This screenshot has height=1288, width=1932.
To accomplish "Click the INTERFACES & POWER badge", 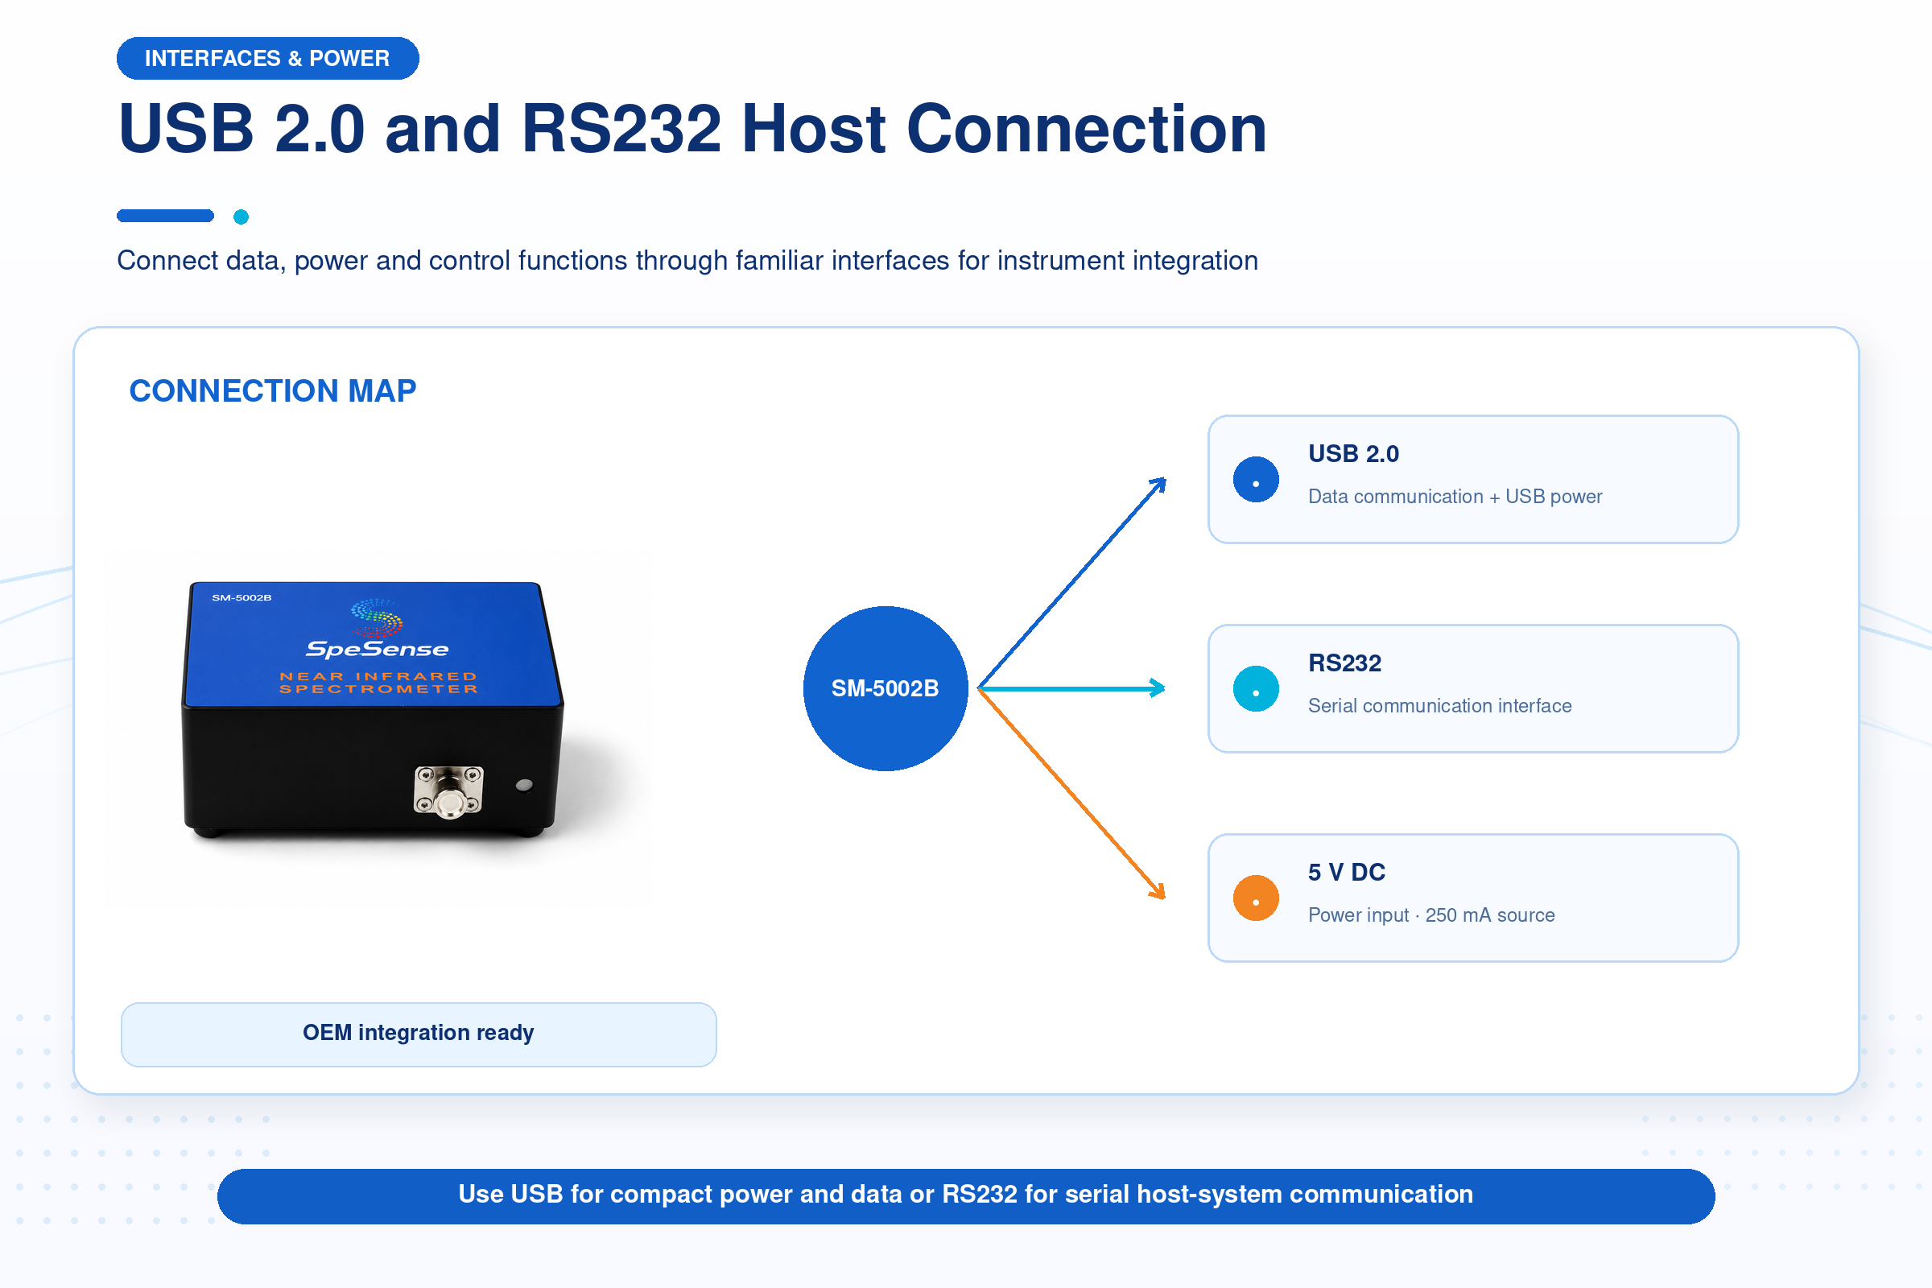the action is click(268, 58).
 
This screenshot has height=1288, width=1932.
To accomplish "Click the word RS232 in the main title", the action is click(621, 129).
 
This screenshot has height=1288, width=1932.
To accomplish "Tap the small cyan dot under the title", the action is click(241, 217).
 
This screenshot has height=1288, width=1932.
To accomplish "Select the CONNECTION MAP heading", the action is click(273, 391).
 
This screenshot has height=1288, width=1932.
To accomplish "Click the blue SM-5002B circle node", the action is click(885, 688).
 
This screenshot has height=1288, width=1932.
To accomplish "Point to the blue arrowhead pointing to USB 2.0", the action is click(1158, 485).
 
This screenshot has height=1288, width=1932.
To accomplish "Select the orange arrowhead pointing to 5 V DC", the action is click(1157, 890).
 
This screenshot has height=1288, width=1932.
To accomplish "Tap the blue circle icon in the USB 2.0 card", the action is click(1256, 480).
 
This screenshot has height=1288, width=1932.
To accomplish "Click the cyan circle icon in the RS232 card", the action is click(1256, 688).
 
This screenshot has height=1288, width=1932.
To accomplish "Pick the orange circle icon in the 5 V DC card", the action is click(1256, 898).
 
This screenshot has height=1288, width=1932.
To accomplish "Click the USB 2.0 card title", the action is click(1353, 453).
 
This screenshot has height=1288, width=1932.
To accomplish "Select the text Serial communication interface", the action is click(1439, 706).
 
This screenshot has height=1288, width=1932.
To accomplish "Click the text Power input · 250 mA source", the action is click(1431, 915).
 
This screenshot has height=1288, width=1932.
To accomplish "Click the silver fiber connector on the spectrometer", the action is click(448, 792).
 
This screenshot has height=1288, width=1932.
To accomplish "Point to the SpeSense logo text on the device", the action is click(377, 649).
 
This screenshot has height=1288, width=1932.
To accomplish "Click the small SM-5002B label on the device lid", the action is click(242, 597).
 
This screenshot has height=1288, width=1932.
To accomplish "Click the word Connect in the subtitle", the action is click(167, 260).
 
